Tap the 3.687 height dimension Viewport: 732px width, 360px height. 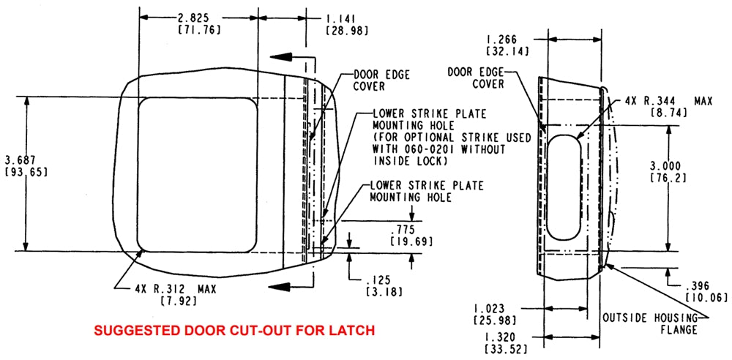[x=20, y=160]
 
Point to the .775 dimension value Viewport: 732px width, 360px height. [x=400, y=229]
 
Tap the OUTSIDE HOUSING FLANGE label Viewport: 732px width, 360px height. [x=649, y=323]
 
